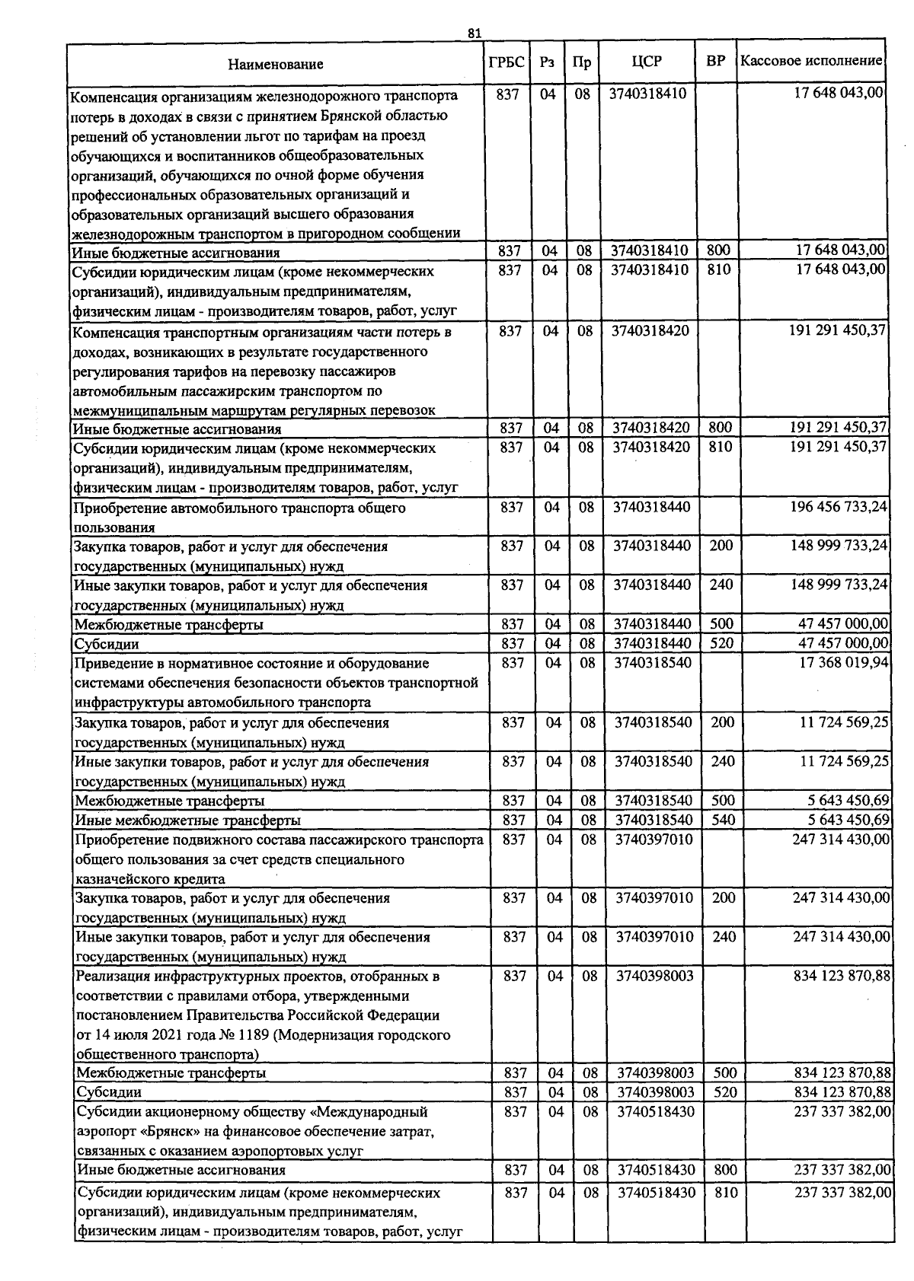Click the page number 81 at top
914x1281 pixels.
[x=475, y=33]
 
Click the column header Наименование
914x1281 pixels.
[x=275, y=65]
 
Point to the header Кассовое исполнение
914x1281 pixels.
[x=811, y=60]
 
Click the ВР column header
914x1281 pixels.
[x=715, y=61]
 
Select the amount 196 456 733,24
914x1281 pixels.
[x=840, y=507]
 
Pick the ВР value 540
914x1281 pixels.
[x=723, y=820]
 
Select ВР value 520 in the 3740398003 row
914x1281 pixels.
[x=725, y=1093]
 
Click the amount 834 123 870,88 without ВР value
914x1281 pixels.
[x=842, y=976]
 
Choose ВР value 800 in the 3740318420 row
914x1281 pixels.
[x=720, y=429]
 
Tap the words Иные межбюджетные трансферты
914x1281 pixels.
[x=187, y=821]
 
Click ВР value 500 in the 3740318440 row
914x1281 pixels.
[x=721, y=624]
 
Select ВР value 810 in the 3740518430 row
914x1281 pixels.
[x=726, y=1193]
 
